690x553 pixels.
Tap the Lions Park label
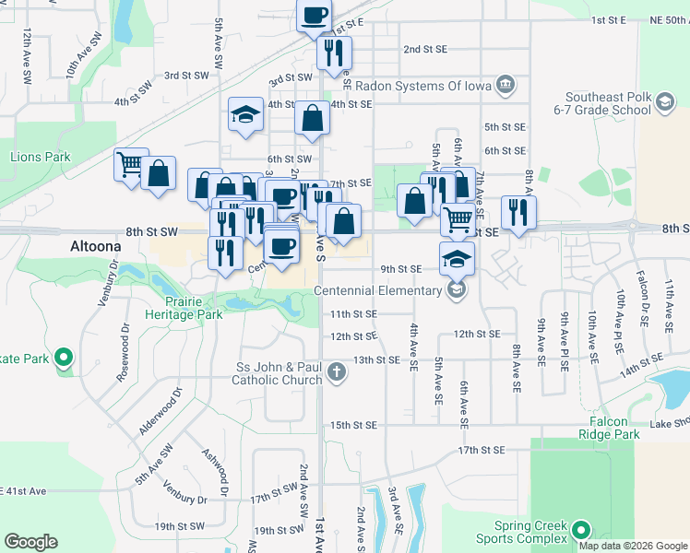[x=41, y=158]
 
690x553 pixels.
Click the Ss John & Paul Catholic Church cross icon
[x=337, y=373]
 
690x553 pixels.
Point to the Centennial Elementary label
[x=378, y=291]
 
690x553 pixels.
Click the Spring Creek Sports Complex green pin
[x=580, y=530]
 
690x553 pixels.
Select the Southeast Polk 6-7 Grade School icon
[x=664, y=103]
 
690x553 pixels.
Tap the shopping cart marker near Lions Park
[x=131, y=164]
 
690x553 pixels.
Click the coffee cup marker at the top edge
[x=314, y=16]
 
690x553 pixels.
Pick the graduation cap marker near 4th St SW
[x=245, y=115]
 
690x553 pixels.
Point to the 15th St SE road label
[x=354, y=425]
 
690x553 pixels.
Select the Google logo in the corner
[x=30, y=541]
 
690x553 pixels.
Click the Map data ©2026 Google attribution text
[x=632, y=546]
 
